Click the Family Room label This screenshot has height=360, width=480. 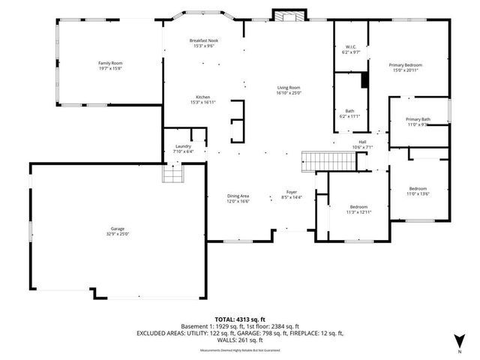pos(109,62)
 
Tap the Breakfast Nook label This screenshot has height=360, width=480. pos(202,40)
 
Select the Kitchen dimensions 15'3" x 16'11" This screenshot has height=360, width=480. pos(202,102)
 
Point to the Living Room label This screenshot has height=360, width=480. pos(288,87)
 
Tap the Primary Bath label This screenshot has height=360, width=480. pos(418,119)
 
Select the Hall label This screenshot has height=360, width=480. pos(362,142)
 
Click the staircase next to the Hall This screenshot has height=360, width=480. pos(316,160)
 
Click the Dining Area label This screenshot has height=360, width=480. pos(238,196)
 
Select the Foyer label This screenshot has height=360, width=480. pos(291,192)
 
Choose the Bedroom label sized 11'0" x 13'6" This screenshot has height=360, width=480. pos(418,188)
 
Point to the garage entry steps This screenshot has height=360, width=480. pos(174,175)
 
